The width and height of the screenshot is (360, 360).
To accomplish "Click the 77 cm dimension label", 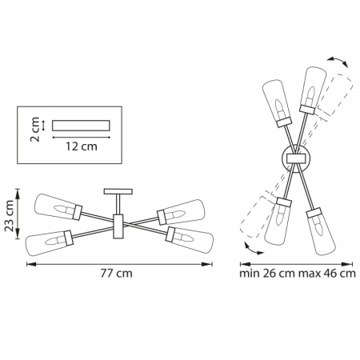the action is [116, 274].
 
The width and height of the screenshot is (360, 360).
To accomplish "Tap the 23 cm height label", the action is [10, 215].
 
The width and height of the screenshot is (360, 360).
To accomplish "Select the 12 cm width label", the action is [82, 146].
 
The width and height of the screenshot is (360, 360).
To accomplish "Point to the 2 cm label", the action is [34, 130].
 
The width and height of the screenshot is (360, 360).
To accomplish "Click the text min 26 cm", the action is [267, 274].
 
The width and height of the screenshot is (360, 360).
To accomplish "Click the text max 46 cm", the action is [327, 274].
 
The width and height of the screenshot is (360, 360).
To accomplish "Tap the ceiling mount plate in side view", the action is [118, 191].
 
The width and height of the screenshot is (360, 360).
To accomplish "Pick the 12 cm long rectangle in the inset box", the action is [81, 126].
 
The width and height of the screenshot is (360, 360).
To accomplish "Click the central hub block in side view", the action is [118, 226].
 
